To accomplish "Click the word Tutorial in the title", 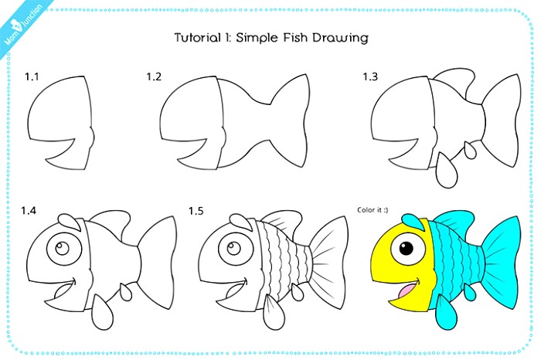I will (x=196, y=37).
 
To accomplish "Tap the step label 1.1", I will (x=32, y=76).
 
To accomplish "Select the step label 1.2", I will (x=154, y=76).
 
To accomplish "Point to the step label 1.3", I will (x=370, y=76).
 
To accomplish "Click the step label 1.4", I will (x=29, y=210).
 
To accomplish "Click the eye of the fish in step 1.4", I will (x=60, y=250).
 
